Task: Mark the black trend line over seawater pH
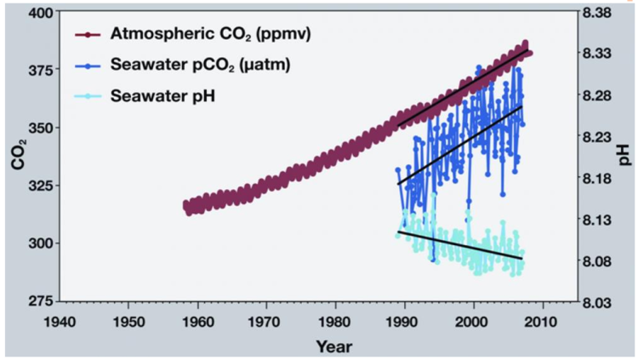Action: click(459, 245)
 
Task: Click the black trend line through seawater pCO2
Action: click(459, 145)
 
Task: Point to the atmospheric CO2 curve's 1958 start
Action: click(186, 205)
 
